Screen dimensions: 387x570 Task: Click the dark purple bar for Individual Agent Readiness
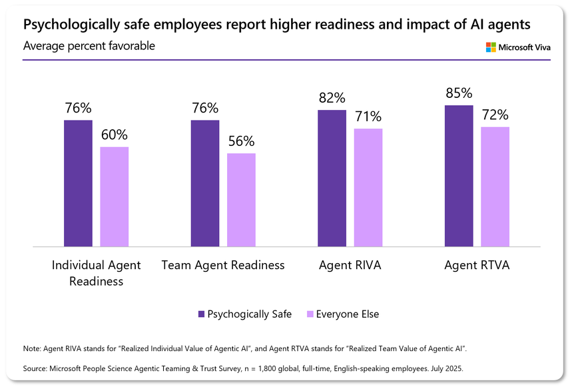(x=78, y=183)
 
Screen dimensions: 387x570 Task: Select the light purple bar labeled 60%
(x=114, y=196)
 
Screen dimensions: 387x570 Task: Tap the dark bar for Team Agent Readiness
(x=204, y=183)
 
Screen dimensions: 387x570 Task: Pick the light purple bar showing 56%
(x=241, y=200)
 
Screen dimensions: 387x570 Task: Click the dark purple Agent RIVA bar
(x=332, y=179)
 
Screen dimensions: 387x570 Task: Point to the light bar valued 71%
(x=368, y=187)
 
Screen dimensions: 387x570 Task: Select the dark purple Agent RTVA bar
(x=458, y=176)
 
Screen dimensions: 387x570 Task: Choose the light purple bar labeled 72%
(x=495, y=187)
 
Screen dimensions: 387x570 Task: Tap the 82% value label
(x=332, y=98)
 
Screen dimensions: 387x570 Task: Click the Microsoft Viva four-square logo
(x=491, y=47)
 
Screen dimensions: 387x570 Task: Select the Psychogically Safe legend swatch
(x=201, y=314)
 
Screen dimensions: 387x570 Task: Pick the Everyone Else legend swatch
(x=309, y=314)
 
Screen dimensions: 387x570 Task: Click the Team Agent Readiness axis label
(x=223, y=265)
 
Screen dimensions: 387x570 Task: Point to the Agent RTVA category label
(x=476, y=265)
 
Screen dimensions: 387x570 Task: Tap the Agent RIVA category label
(x=350, y=265)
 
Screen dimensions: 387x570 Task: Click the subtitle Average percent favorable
(x=89, y=46)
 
